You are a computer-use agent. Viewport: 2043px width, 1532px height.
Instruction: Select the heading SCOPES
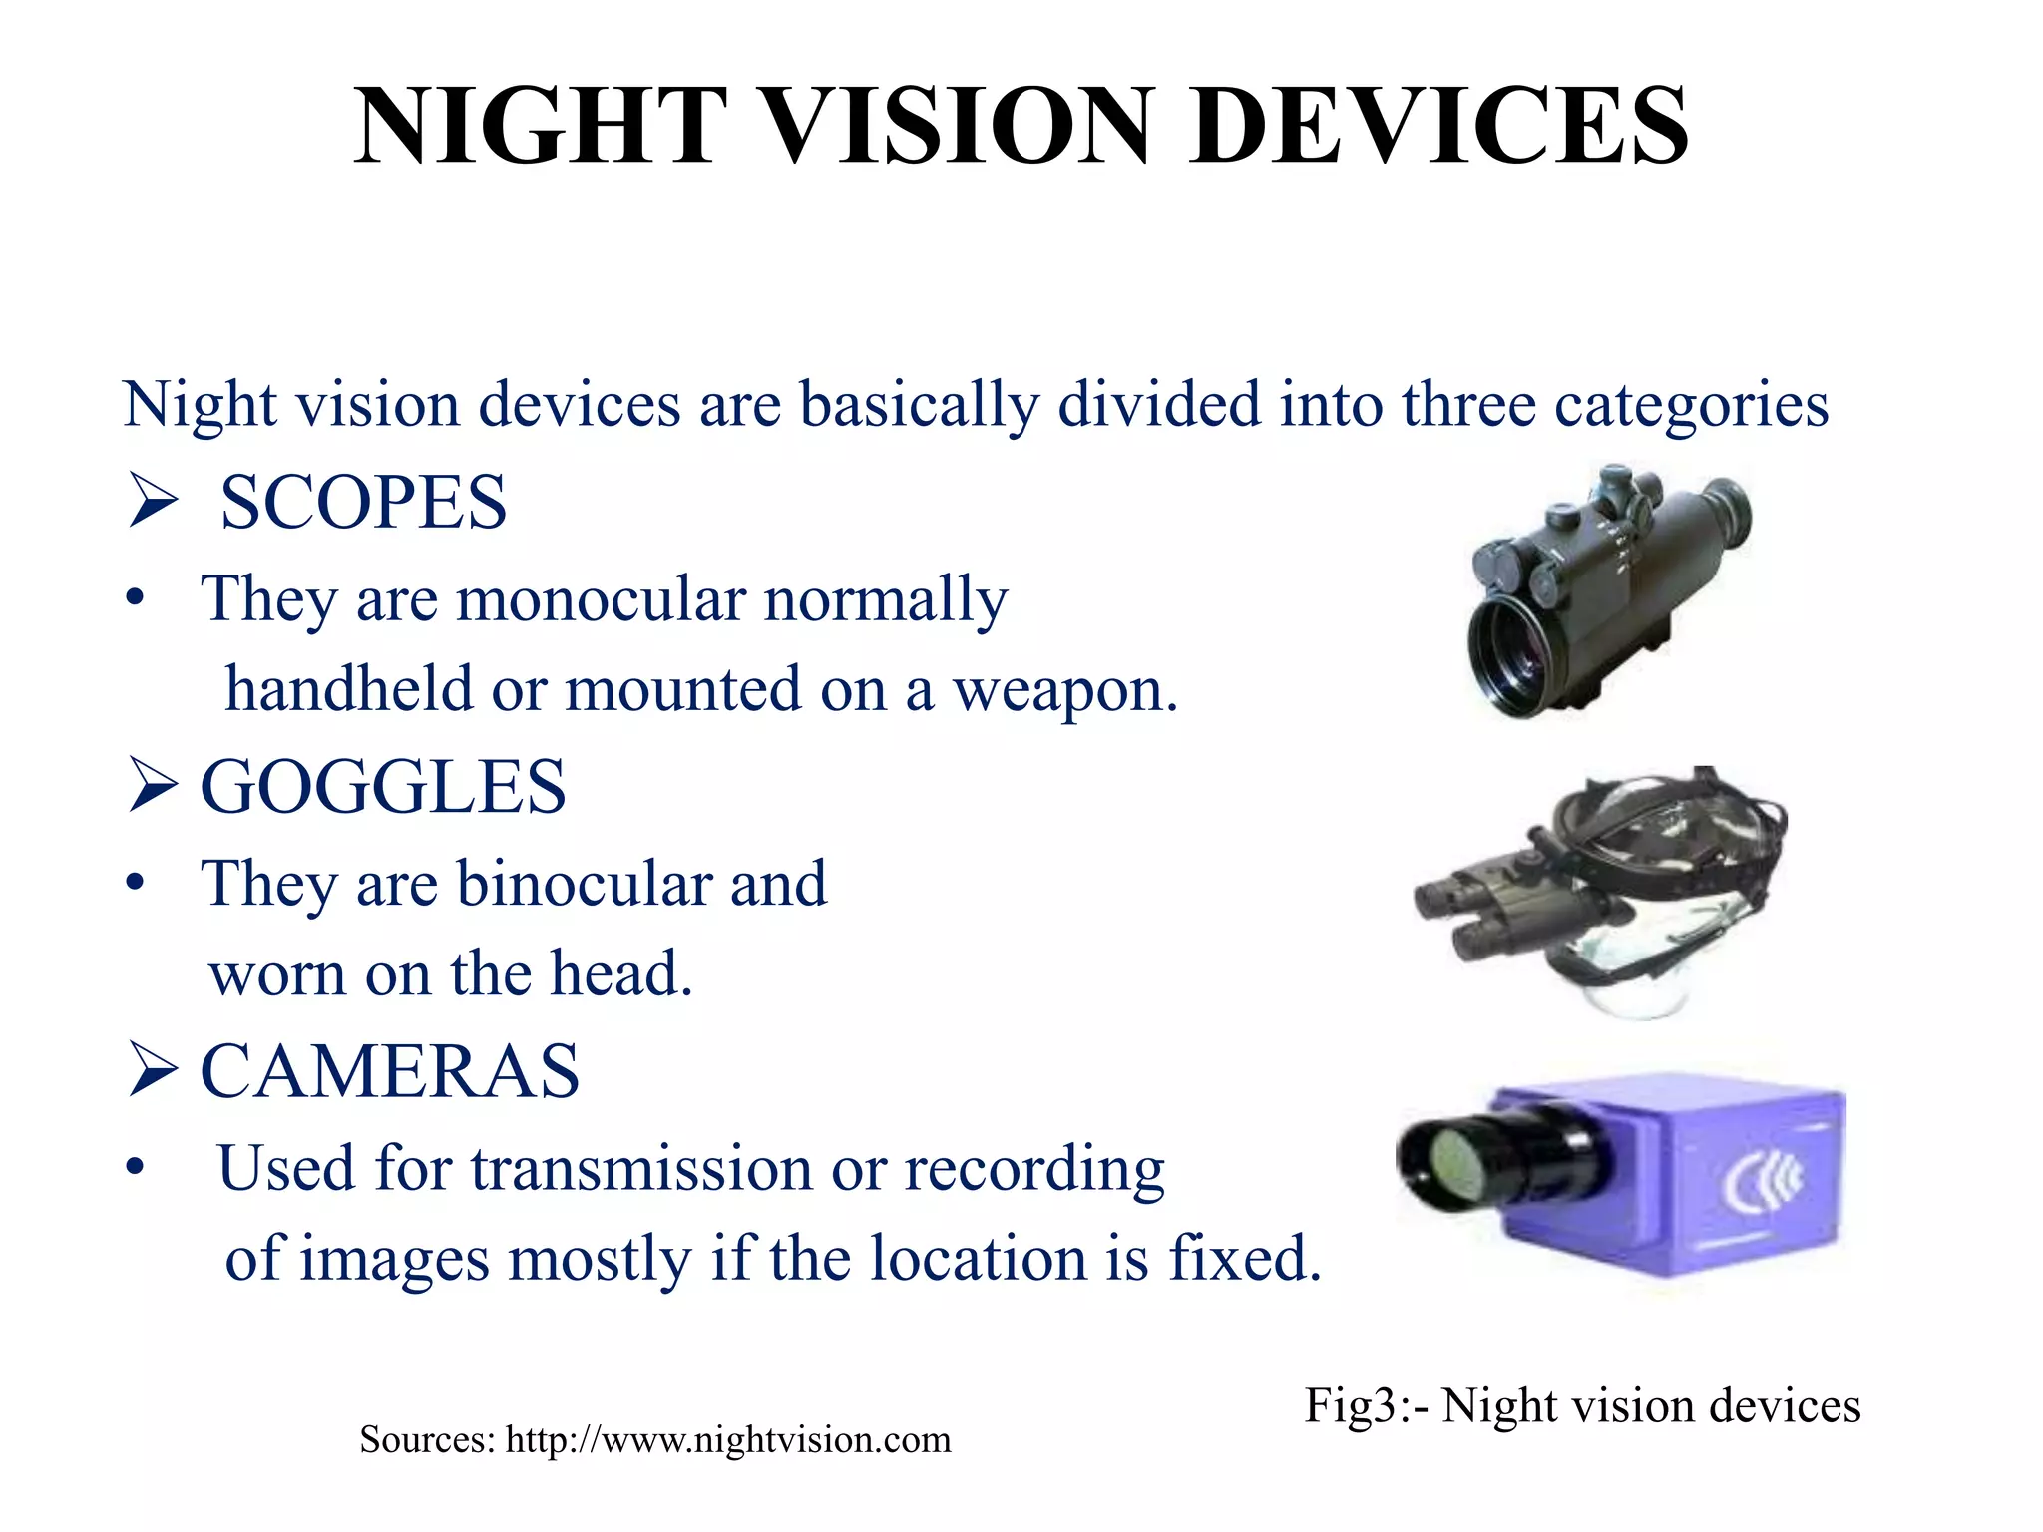[363, 502]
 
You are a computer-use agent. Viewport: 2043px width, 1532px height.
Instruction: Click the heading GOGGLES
[383, 787]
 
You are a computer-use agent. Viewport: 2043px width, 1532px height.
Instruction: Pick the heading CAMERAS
[390, 1071]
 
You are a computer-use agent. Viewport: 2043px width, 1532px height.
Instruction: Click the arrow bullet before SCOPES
[153, 502]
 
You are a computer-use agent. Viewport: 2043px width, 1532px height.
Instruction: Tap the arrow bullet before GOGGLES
[153, 787]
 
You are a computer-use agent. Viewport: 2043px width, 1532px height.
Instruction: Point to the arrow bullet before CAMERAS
[153, 1071]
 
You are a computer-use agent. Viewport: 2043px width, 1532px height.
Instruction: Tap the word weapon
[1065, 689]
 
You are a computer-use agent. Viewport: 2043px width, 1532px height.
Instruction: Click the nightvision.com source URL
[728, 1440]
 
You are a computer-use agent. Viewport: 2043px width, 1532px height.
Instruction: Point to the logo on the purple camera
[1764, 1180]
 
